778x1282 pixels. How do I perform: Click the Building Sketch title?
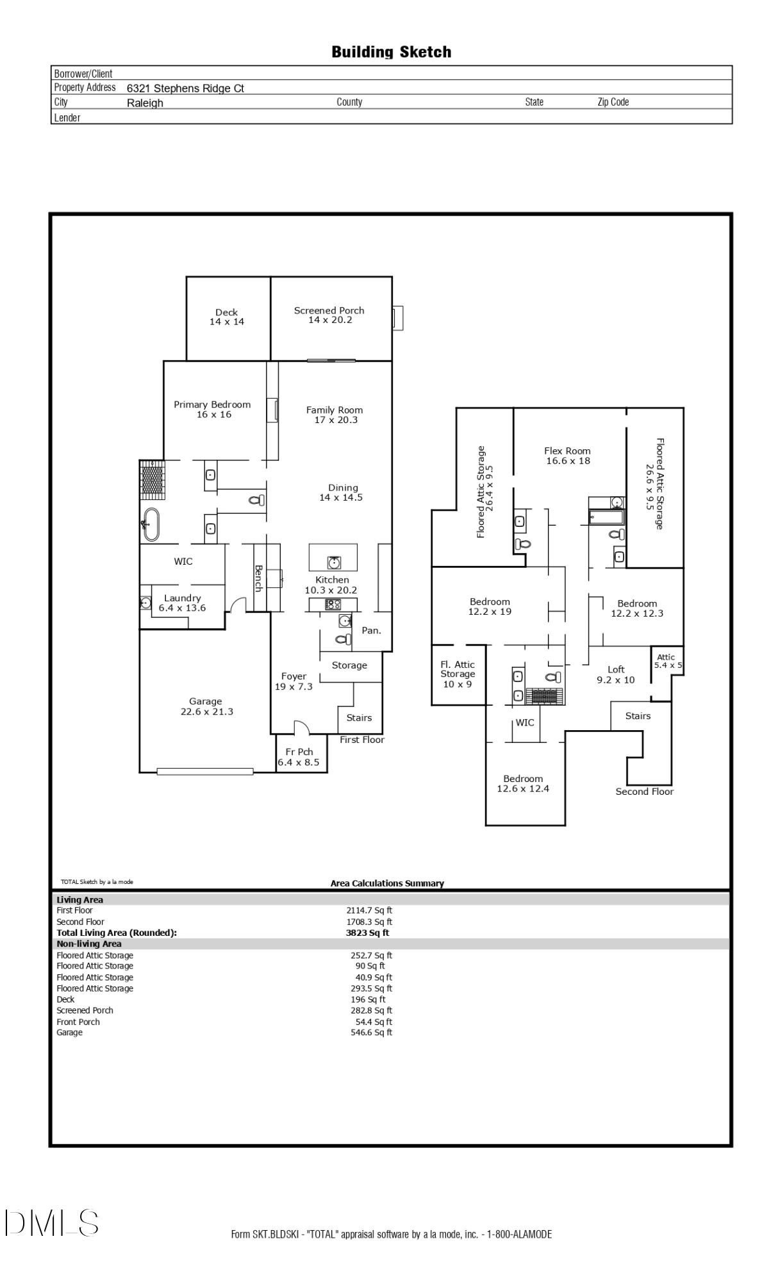pyautogui.click(x=391, y=52)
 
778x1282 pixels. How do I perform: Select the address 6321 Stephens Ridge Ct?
pyautogui.click(x=185, y=88)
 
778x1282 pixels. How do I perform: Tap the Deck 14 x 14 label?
pyautogui.click(x=227, y=317)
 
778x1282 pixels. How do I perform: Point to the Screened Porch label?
pyautogui.click(x=329, y=315)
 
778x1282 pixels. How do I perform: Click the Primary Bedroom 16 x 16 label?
pyautogui.click(x=212, y=410)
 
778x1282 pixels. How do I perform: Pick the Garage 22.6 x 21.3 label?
pyautogui.click(x=206, y=706)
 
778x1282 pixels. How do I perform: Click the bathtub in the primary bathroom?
pyautogui.click(x=151, y=525)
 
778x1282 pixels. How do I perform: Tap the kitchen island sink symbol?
pyautogui.click(x=333, y=562)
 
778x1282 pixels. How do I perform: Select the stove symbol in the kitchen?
pyautogui.click(x=333, y=604)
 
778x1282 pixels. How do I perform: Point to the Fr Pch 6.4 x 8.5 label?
pyautogui.click(x=299, y=757)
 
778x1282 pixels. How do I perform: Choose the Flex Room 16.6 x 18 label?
pyautogui.click(x=567, y=456)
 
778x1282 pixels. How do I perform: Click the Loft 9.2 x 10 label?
pyautogui.click(x=616, y=674)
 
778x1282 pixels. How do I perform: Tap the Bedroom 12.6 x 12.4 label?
pyautogui.click(x=523, y=783)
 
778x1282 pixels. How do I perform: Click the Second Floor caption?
pyautogui.click(x=644, y=792)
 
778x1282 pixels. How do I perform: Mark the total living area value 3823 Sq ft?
pyautogui.click(x=367, y=933)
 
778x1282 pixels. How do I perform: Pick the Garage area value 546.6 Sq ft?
pyautogui.click(x=371, y=1032)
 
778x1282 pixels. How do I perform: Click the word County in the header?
pyautogui.click(x=349, y=102)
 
